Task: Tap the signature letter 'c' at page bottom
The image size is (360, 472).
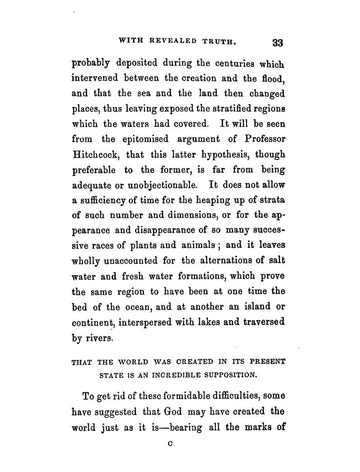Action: [x=169, y=443]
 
